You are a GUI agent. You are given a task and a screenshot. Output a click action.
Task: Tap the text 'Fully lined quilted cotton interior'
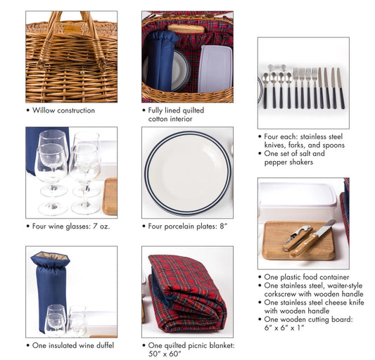[x=176, y=115]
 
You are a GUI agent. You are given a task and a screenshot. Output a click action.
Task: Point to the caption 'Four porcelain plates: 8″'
[x=188, y=226]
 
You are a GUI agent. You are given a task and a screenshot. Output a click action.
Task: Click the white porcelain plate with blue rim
[x=186, y=172]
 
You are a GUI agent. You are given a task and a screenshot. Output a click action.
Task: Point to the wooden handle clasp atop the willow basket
[x=71, y=29]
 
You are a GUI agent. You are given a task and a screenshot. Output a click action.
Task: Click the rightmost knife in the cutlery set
[x=340, y=87]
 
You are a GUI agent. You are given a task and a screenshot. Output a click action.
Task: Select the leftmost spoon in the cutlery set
[x=265, y=88]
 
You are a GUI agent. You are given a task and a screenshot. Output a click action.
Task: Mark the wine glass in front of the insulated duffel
[x=56, y=320]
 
